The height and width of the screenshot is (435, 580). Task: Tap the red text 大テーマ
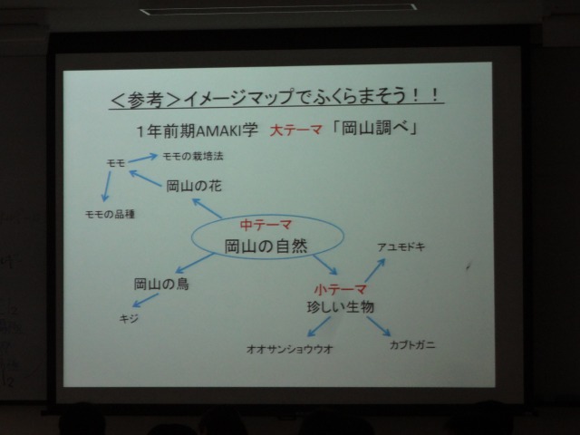(295, 130)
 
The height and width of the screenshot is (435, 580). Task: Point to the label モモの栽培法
(193, 156)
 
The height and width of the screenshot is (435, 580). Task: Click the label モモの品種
(110, 214)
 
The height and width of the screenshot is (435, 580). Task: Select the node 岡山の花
(194, 186)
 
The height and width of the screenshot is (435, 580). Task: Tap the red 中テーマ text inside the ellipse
(266, 225)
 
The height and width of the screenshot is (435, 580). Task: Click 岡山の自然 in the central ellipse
(266, 246)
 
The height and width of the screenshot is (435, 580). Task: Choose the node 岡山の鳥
(161, 284)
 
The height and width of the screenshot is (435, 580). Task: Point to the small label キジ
(129, 318)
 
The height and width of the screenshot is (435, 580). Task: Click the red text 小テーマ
(341, 289)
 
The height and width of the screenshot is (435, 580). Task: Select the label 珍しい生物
(341, 307)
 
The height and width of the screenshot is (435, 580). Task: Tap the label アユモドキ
(401, 247)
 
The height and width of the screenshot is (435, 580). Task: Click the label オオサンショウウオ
(290, 349)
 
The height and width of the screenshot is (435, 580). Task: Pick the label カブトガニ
(412, 345)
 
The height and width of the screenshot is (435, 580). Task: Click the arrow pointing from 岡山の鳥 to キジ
(145, 300)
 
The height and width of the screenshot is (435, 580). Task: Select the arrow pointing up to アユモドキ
(375, 270)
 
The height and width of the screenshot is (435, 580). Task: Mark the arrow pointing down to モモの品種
(106, 186)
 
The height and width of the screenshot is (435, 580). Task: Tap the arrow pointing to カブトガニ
(379, 326)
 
